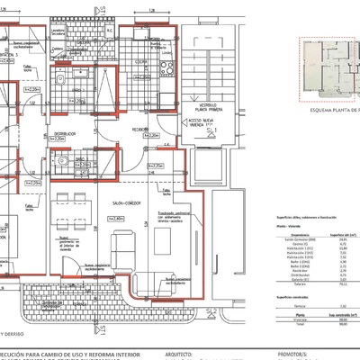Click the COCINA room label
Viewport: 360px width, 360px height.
tap(141, 62)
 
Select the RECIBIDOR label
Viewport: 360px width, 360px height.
tap(142, 129)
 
